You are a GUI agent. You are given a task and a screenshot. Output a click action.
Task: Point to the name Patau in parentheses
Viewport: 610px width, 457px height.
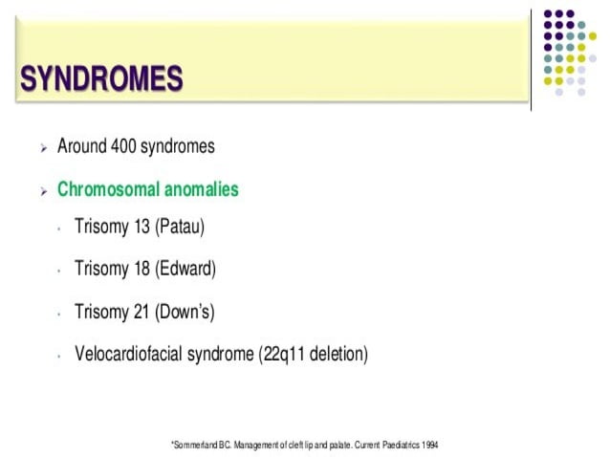181,228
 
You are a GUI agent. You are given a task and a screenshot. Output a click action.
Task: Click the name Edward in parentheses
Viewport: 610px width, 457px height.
186,270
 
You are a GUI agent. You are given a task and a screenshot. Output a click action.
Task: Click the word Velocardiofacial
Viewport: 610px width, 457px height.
131,354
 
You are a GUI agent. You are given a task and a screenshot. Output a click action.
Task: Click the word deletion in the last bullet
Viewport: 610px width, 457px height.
337,354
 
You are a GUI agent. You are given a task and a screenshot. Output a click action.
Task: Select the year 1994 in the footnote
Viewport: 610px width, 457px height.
428,446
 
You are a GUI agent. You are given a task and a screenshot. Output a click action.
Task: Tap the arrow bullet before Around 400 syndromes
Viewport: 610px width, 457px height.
43,148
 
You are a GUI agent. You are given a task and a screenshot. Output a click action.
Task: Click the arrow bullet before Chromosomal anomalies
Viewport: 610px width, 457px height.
43,191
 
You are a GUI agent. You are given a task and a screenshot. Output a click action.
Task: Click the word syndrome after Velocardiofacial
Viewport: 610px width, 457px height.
221,354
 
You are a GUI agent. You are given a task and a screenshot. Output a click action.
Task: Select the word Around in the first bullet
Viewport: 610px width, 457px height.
79,146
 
